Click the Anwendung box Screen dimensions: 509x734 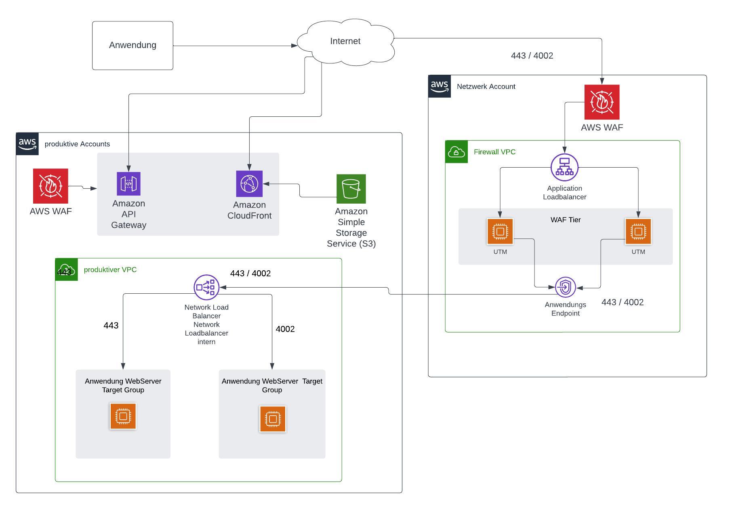(132, 45)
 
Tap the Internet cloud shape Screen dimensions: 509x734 (345, 42)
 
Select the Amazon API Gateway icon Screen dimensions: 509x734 (128, 184)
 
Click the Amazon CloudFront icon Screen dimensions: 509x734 (249, 184)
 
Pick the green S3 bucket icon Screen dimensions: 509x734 (351, 189)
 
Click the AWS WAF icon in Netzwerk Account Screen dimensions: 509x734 (602, 102)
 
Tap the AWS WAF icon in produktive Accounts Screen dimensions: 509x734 (50, 186)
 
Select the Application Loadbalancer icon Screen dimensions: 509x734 (564, 167)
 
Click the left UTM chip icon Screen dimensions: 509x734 (500, 231)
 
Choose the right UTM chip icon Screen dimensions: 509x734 (638, 231)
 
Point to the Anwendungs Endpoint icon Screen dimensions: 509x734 (565, 287)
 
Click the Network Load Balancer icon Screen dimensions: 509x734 (206, 287)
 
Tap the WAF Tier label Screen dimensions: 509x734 (566, 220)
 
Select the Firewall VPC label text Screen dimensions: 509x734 (494, 152)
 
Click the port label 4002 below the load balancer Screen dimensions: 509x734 (285, 329)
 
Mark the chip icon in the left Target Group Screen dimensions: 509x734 (123, 416)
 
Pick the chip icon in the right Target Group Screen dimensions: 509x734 (273, 419)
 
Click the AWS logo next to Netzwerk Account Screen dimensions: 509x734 (440, 86)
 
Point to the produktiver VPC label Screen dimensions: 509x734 (110, 269)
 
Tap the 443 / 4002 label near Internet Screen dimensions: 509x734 (532, 56)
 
